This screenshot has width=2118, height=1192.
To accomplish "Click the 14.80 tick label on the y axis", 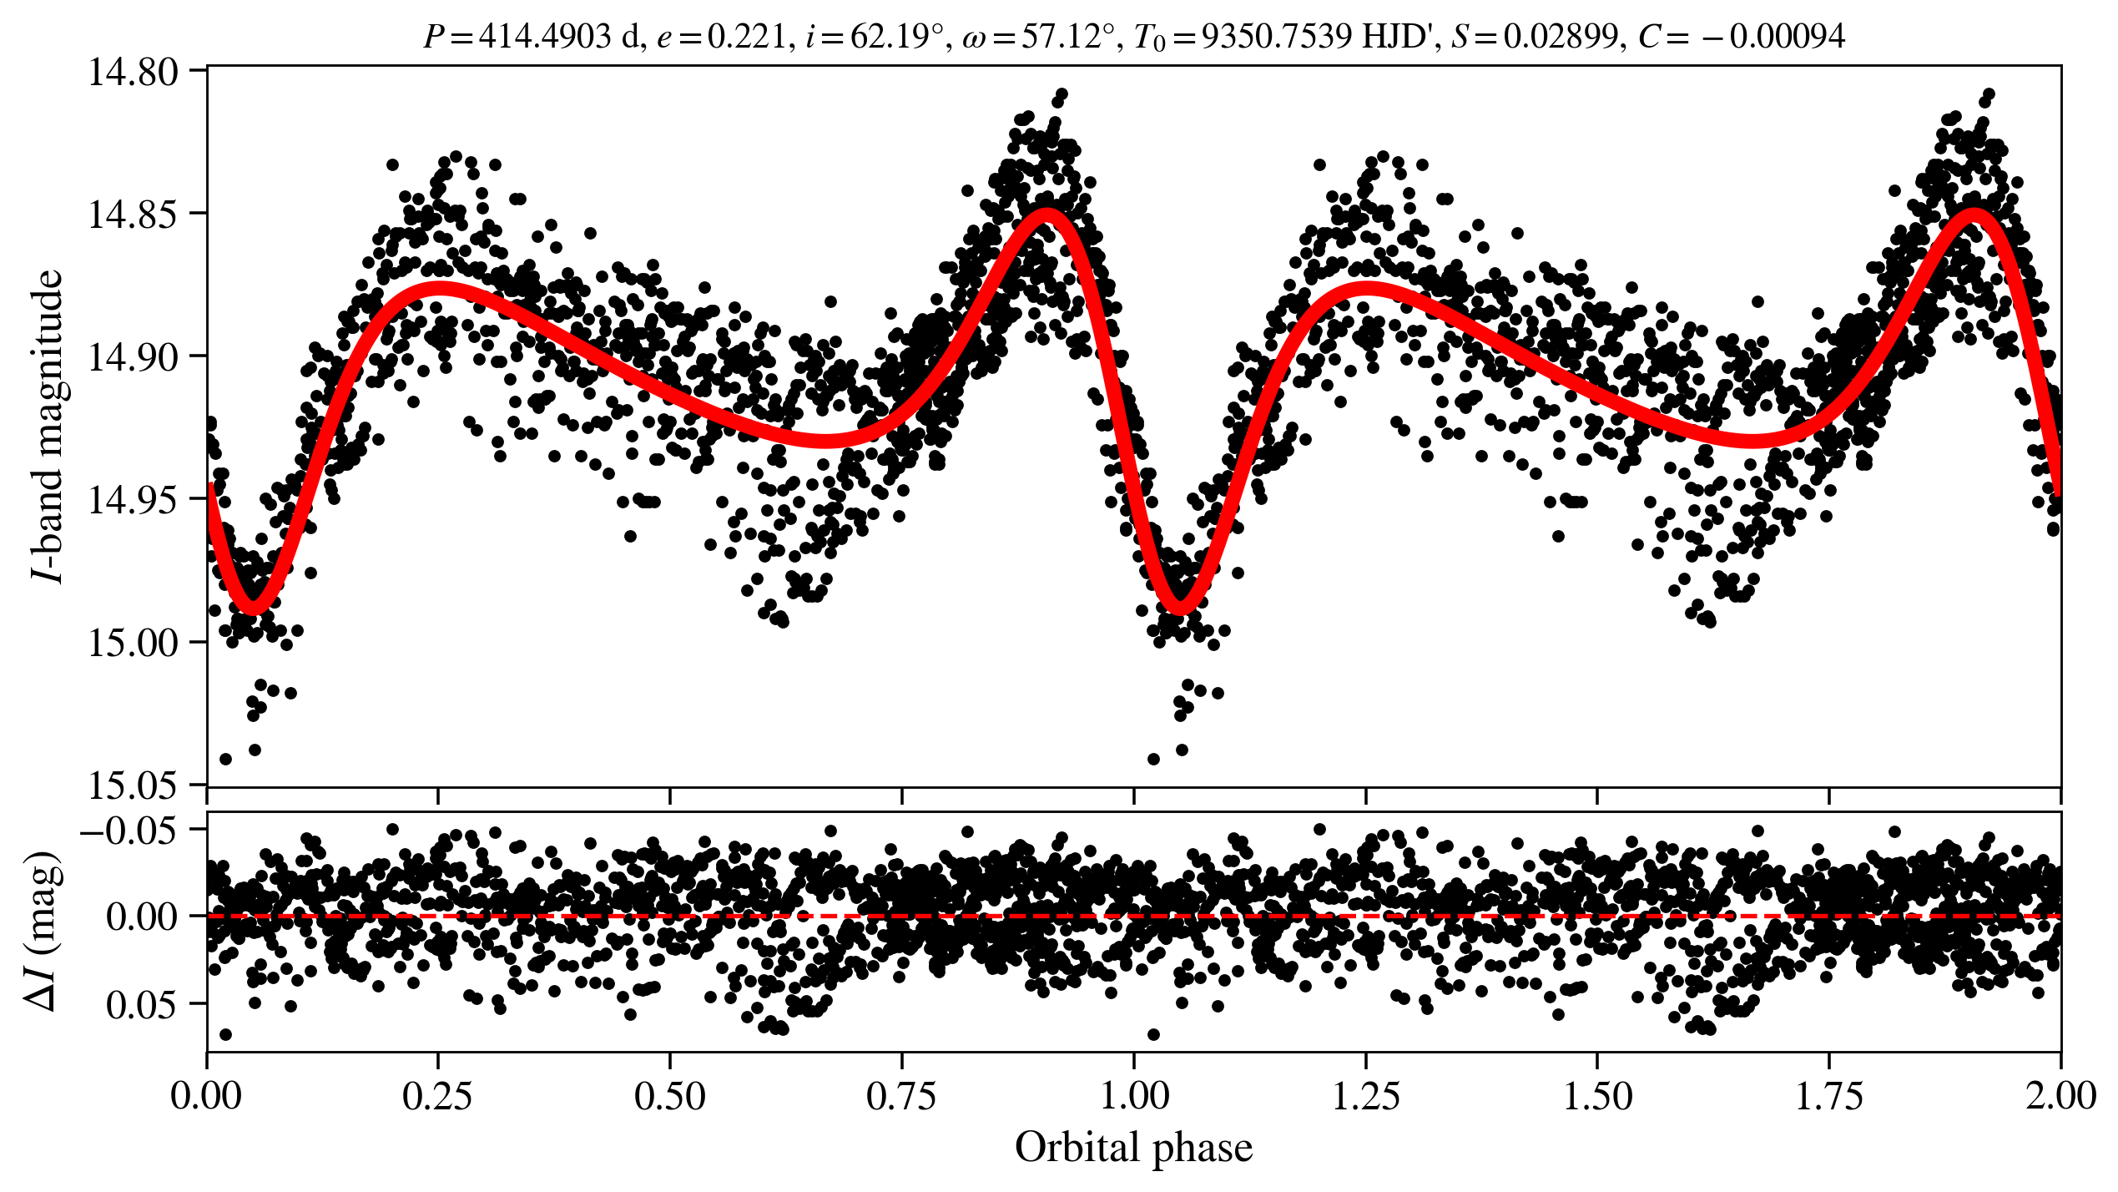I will [134, 72].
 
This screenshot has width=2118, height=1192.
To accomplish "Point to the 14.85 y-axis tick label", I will [134, 215].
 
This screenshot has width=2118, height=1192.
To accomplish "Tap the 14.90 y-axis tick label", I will [134, 357].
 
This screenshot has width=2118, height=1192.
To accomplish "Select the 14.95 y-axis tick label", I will [134, 500].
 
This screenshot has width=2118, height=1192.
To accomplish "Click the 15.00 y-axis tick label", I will [134, 643].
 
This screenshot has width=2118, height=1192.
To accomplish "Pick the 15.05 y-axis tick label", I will [134, 785].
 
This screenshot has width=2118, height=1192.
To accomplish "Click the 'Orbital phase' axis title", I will [1133, 1147].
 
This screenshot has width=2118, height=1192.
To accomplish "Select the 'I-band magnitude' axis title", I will [48, 426].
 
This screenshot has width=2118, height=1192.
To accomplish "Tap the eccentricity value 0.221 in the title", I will [747, 37].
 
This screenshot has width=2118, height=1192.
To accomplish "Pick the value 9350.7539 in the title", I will [1277, 37].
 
